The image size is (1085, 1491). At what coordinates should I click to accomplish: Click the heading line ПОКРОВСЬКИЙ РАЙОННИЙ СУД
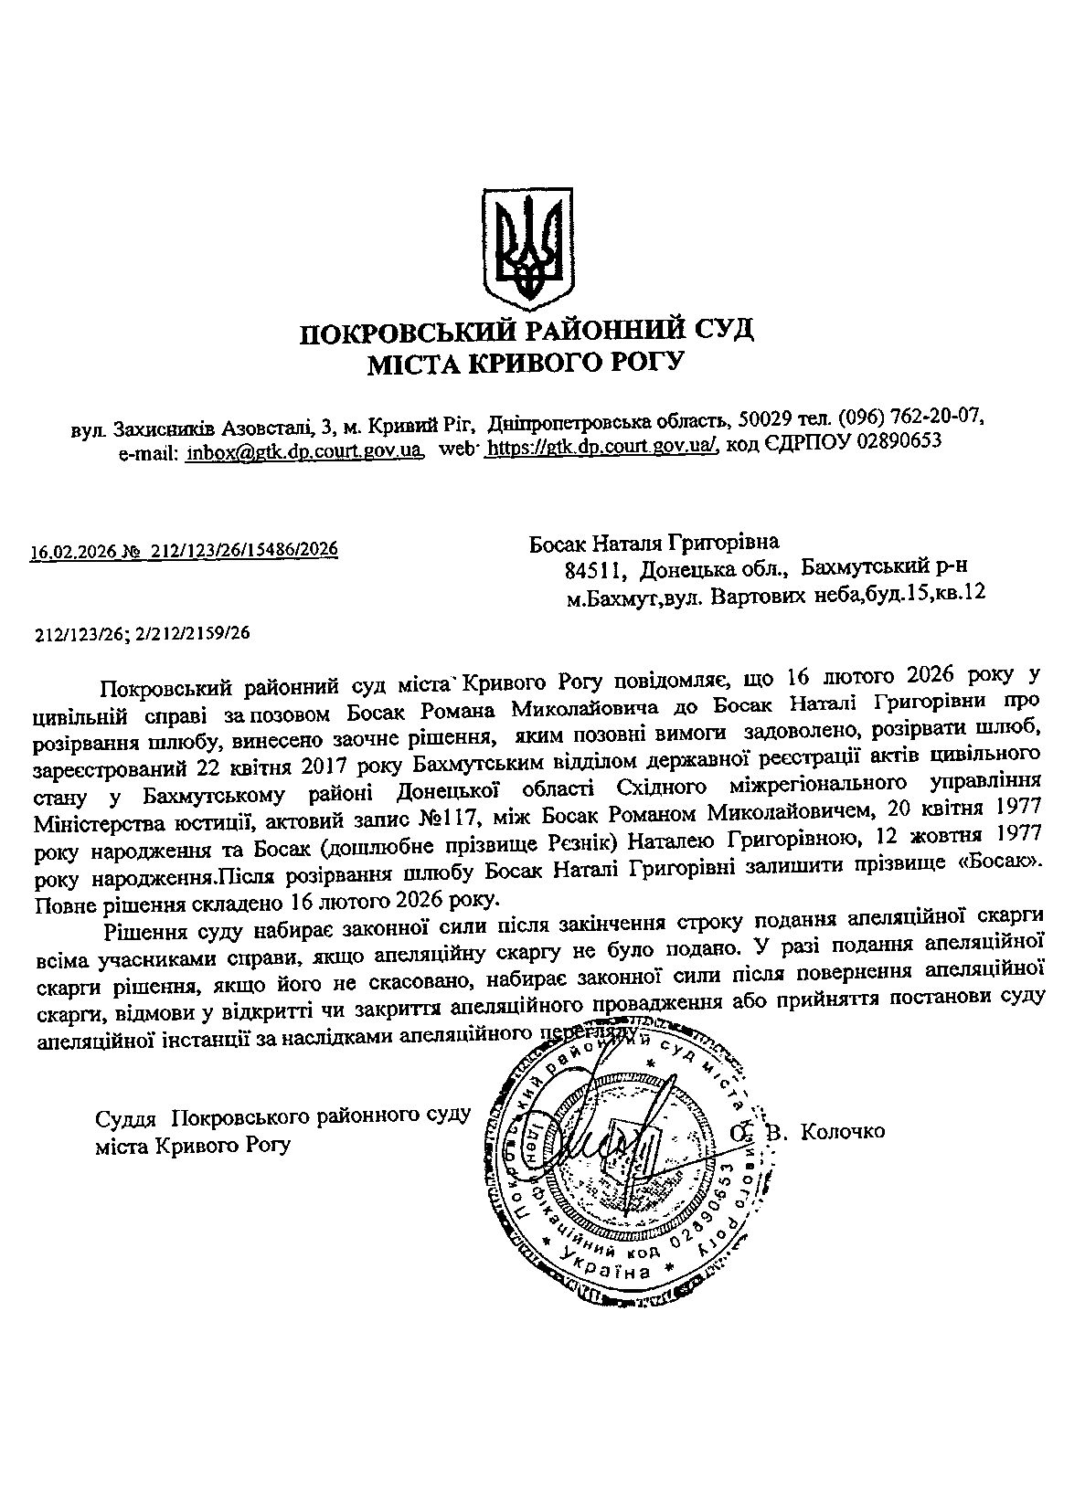(527, 329)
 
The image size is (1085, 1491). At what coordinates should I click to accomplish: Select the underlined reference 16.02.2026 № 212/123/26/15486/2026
(184, 550)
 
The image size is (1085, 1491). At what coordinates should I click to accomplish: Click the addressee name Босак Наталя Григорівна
(654, 545)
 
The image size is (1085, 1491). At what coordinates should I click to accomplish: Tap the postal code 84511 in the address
(595, 570)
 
